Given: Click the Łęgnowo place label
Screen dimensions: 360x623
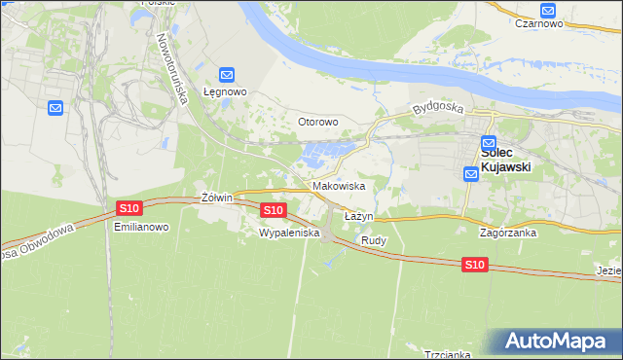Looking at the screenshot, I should tap(226, 92).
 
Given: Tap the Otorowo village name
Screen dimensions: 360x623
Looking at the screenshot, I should tap(317, 123).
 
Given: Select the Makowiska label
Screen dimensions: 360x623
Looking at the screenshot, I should tap(339, 185).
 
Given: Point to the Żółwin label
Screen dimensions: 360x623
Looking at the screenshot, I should tap(216, 198).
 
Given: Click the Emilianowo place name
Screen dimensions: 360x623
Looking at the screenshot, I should tap(142, 227).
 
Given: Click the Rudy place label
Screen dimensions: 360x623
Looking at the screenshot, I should tap(374, 240).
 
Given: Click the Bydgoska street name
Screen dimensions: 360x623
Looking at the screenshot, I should tap(434, 106).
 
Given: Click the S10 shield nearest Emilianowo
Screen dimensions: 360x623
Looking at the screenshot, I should tap(129, 208).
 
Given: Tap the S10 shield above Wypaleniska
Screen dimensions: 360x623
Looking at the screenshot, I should tap(273, 210).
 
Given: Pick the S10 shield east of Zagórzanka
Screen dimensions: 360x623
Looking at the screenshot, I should tap(474, 265).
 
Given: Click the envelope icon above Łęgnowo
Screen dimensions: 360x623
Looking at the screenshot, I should tap(227, 74).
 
